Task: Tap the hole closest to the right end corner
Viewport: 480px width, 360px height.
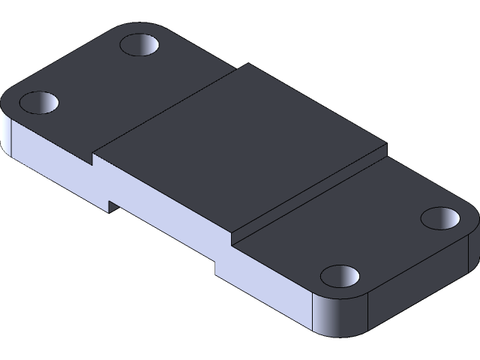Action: (x=440, y=218)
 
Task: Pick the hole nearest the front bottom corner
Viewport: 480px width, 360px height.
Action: (x=340, y=276)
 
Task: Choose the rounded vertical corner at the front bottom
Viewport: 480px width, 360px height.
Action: (x=337, y=315)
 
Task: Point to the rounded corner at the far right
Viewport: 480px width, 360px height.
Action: (x=469, y=225)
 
